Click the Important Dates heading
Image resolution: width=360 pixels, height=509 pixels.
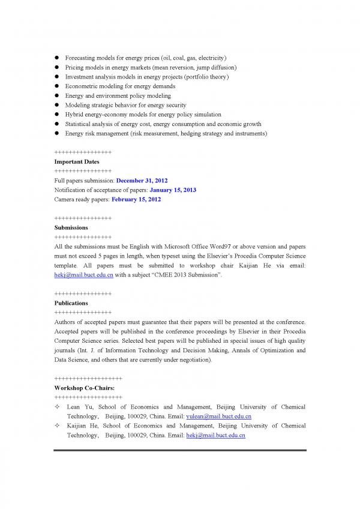click(x=77, y=161)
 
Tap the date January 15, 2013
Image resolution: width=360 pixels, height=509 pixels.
click(x=173, y=190)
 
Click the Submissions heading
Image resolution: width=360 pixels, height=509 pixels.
click(x=71, y=227)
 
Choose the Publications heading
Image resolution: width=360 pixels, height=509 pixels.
click(x=71, y=303)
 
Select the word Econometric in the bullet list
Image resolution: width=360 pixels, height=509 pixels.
click(x=82, y=86)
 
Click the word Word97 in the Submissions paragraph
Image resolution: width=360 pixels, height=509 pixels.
click(x=192, y=247)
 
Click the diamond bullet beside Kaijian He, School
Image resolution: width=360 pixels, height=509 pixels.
click(x=56, y=426)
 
